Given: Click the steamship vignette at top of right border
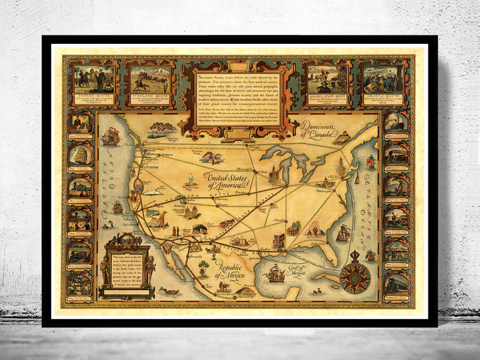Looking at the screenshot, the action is coord(397,122).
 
